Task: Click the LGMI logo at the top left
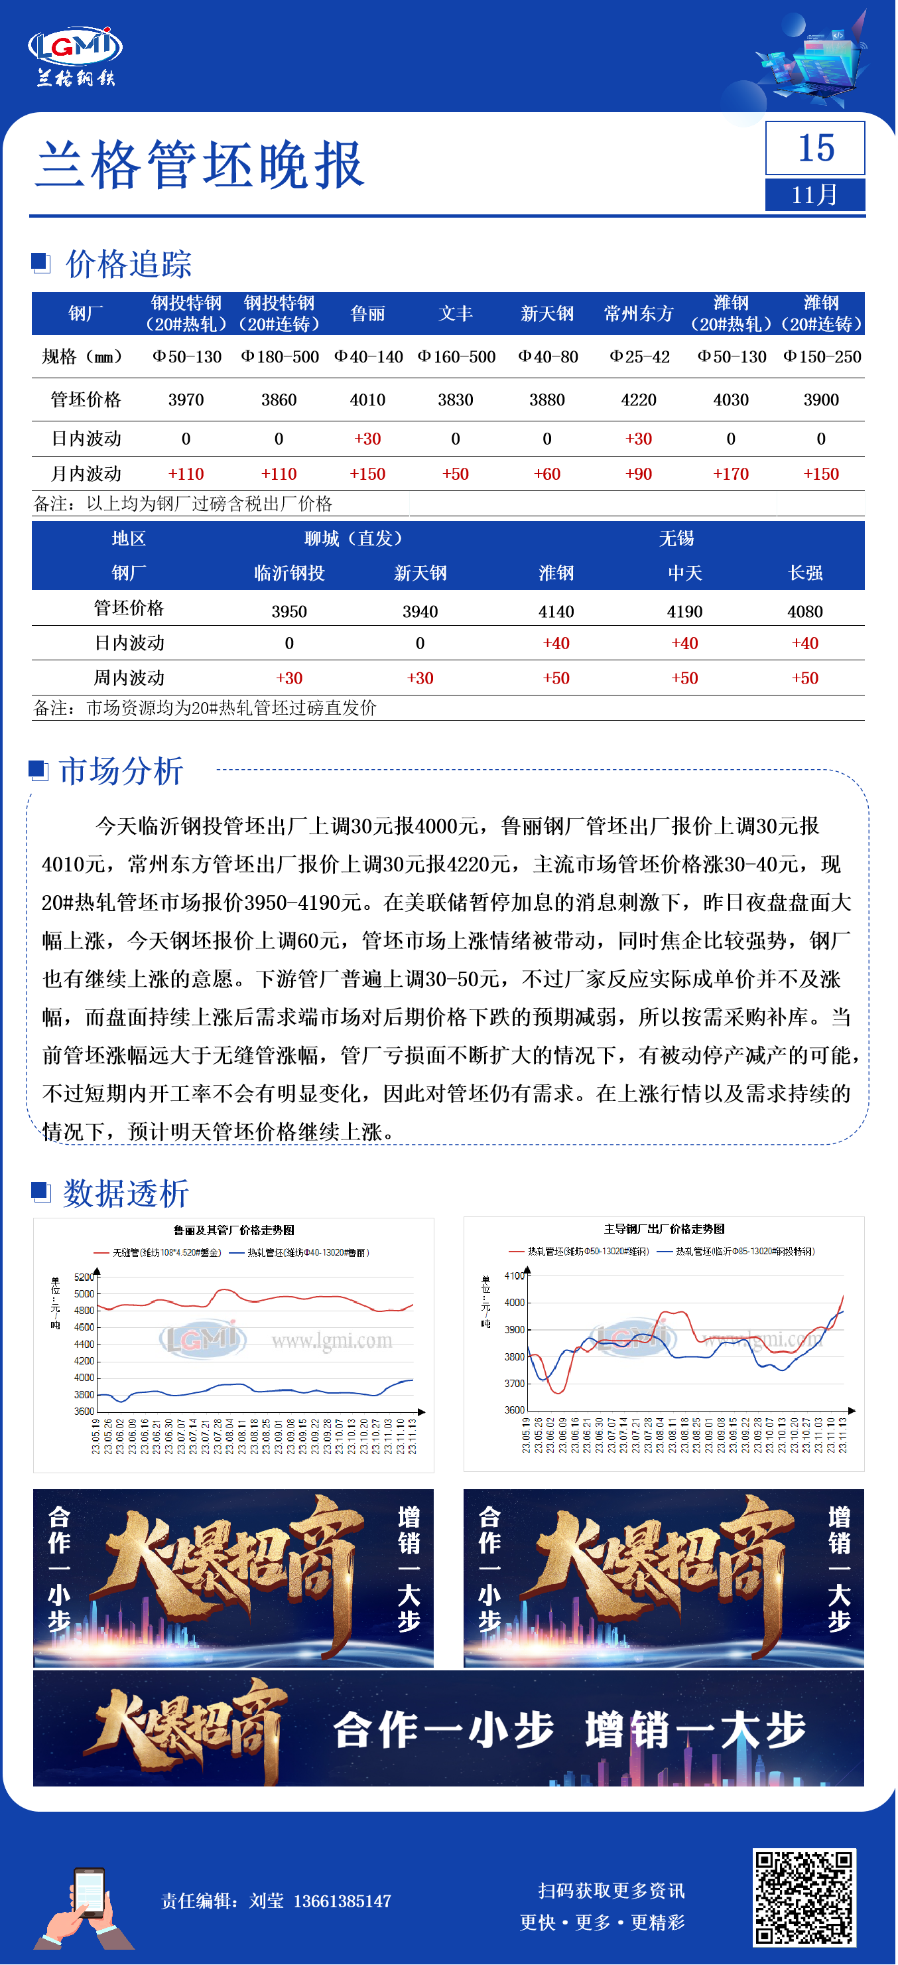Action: [75, 55]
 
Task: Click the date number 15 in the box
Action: [815, 147]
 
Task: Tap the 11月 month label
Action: [815, 194]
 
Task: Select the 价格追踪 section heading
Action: [128, 264]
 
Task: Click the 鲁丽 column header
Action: [367, 313]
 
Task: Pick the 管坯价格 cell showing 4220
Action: [638, 400]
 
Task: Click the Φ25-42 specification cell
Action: [639, 356]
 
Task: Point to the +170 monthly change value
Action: [730, 474]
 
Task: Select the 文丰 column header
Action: [455, 313]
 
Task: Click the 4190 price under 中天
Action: [684, 611]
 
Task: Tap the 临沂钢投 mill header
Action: [289, 573]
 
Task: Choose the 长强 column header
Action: [805, 573]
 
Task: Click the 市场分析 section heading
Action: [121, 771]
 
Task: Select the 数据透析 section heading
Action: [126, 1193]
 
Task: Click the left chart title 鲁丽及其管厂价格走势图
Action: [233, 1230]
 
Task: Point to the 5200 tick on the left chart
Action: [84, 1277]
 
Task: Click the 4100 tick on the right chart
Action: [515, 1275]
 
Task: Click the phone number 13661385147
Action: [342, 1901]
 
